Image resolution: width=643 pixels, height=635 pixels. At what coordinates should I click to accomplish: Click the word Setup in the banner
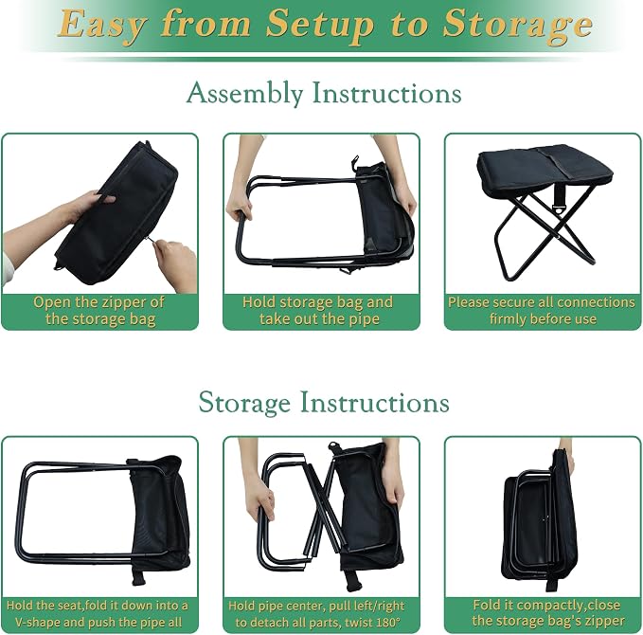[320, 24]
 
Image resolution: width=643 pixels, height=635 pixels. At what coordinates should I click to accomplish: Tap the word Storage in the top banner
[517, 25]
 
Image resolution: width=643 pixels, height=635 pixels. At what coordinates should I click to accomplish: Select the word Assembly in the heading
[245, 93]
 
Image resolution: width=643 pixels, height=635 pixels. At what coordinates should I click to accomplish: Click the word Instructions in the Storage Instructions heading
[375, 402]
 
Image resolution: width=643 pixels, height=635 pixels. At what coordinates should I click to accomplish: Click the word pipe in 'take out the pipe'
[364, 319]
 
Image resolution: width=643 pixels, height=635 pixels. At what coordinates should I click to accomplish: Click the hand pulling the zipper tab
[175, 261]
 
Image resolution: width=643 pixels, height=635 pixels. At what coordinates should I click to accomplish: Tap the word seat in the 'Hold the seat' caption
[74, 606]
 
